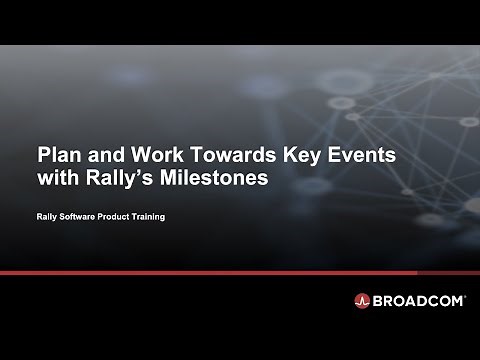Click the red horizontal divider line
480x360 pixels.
240,271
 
